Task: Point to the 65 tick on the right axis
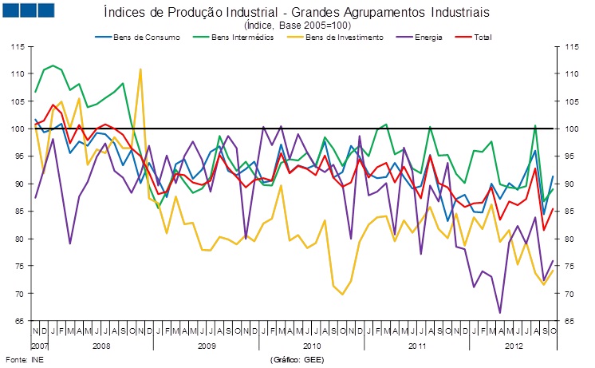[569, 322]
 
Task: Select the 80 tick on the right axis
[569, 239]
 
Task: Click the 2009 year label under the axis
[207, 346]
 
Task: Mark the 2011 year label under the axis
[417, 346]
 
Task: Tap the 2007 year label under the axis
[40, 346]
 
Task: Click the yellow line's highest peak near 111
[140, 69]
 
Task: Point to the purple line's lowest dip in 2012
[500, 312]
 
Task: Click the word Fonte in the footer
[15, 359]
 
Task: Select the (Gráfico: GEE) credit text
[298, 359]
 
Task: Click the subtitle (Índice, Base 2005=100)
[297, 26]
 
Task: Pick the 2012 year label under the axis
[514, 346]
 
